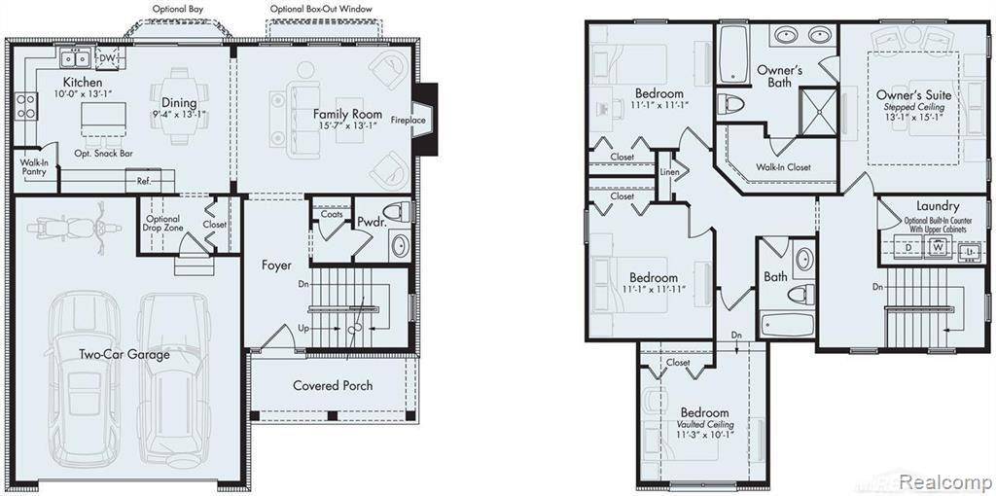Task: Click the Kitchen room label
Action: pyautogui.click(x=84, y=83)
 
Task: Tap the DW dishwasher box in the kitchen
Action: pyautogui.click(x=108, y=58)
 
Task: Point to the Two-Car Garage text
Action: pyautogui.click(x=124, y=354)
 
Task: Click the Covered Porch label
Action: pyautogui.click(x=333, y=385)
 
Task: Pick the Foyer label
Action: pyautogui.click(x=276, y=265)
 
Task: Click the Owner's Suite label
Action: pyautogui.click(x=913, y=95)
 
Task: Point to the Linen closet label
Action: pyautogui.click(x=669, y=173)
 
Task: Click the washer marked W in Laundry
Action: pyautogui.click(x=938, y=247)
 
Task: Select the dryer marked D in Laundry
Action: pyautogui.click(x=907, y=247)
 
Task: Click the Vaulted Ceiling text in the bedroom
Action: pyautogui.click(x=705, y=425)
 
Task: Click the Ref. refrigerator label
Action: pyautogui.click(x=143, y=181)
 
